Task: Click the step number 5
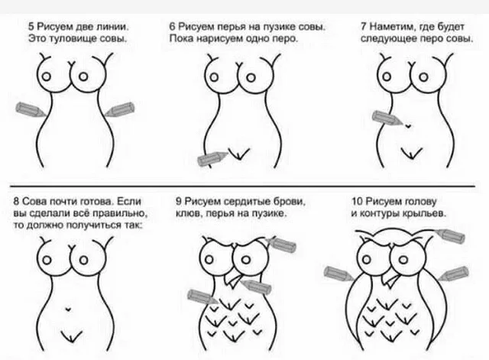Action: pyautogui.click(x=31, y=26)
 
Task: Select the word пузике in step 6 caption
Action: pyautogui.click(x=280, y=27)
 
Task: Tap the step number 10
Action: pyautogui.click(x=357, y=201)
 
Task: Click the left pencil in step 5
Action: pyautogui.click(x=31, y=109)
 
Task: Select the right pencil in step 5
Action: pyautogui.click(x=119, y=109)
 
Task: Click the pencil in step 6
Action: pyautogui.click(x=213, y=158)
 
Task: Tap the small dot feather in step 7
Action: pyautogui.click(x=408, y=125)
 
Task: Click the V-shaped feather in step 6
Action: pyautogui.click(x=239, y=154)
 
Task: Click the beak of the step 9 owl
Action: pyautogui.click(x=234, y=279)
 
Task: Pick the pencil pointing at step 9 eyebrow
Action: pyautogui.click(x=281, y=245)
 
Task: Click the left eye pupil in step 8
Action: pyautogui.click(x=47, y=260)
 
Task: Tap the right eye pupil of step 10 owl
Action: pyautogui.click(x=403, y=260)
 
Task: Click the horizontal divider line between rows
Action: pyautogui.click(x=243, y=186)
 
